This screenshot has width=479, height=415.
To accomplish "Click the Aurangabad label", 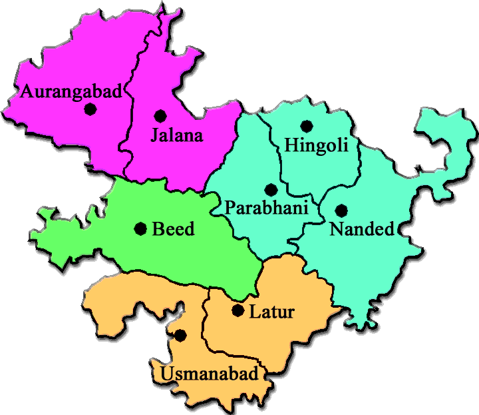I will click(x=71, y=92).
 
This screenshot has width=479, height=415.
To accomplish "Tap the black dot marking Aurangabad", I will click(x=90, y=109).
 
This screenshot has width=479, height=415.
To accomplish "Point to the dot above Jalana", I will click(x=160, y=115).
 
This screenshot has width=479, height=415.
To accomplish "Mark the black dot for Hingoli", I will click(x=306, y=125).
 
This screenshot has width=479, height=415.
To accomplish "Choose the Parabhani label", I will click(x=267, y=208).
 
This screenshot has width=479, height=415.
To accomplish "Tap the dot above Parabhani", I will click(x=270, y=190).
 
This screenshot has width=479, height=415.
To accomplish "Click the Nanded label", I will click(x=361, y=230).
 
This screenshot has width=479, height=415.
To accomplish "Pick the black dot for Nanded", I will click(x=341, y=210).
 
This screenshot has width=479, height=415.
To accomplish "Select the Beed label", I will click(x=174, y=230).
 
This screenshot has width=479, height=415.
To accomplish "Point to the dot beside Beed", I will click(x=140, y=229).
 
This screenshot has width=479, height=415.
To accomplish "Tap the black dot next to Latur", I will click(x=238, y=310).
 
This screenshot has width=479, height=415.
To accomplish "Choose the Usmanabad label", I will click(x=208, y=374).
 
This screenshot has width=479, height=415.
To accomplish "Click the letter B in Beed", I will click(x=158, y=230).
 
